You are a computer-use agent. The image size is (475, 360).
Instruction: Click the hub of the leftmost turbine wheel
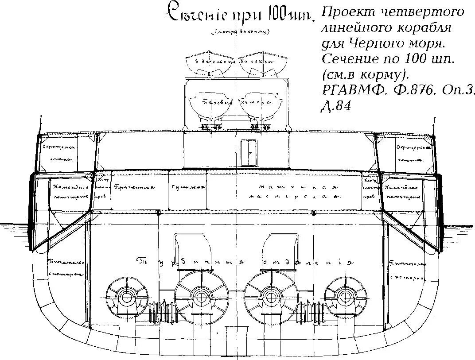point(127,296)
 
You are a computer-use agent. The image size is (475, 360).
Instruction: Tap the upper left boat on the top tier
point(209,65)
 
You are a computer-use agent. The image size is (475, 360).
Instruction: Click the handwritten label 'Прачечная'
point(135,187)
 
